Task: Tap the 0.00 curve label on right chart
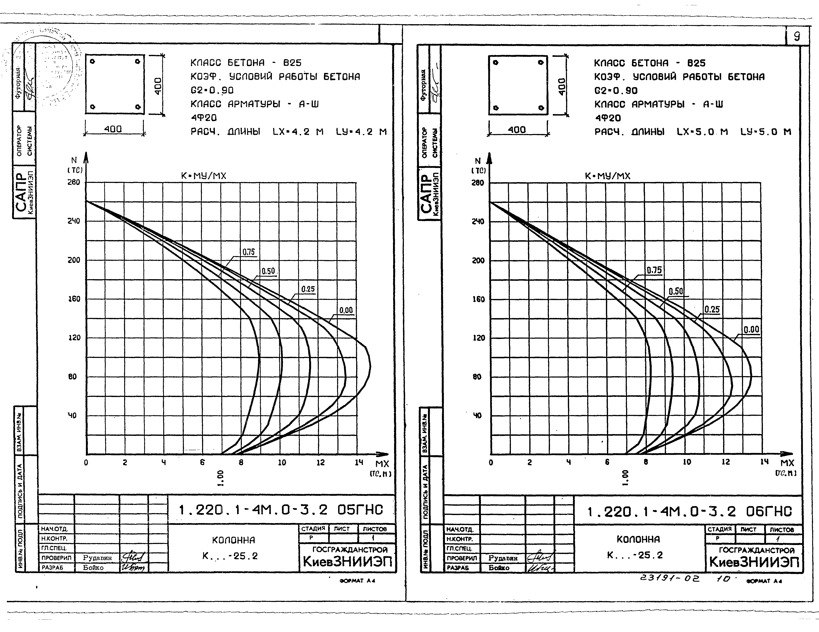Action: pos(751,330)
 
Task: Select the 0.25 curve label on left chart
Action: pos(308,289)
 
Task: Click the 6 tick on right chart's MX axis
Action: pos(607,462)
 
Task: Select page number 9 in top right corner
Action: pos(797,36)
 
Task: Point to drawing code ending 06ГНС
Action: pos(689,512)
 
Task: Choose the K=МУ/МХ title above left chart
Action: pos(204,176)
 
